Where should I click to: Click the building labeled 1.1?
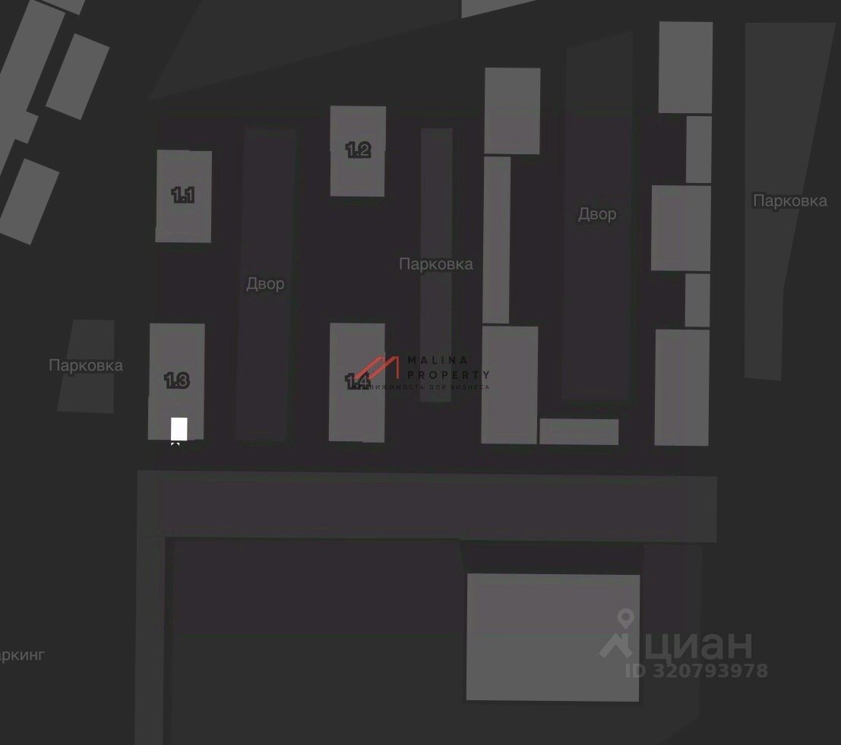183,196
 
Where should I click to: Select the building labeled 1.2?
358,150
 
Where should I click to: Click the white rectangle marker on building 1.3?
179,428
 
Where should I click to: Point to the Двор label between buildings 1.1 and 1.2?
265,284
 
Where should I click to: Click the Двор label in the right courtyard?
597,214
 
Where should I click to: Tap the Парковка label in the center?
436,264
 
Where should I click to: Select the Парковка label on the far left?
86,365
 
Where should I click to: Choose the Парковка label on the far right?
789,201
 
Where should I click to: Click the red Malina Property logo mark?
378,370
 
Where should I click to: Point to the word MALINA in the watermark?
438,360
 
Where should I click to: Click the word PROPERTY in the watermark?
448,374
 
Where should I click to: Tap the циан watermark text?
699,644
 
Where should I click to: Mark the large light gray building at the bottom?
552,636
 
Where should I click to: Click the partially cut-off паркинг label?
22,655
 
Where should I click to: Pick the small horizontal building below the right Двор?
578,431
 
